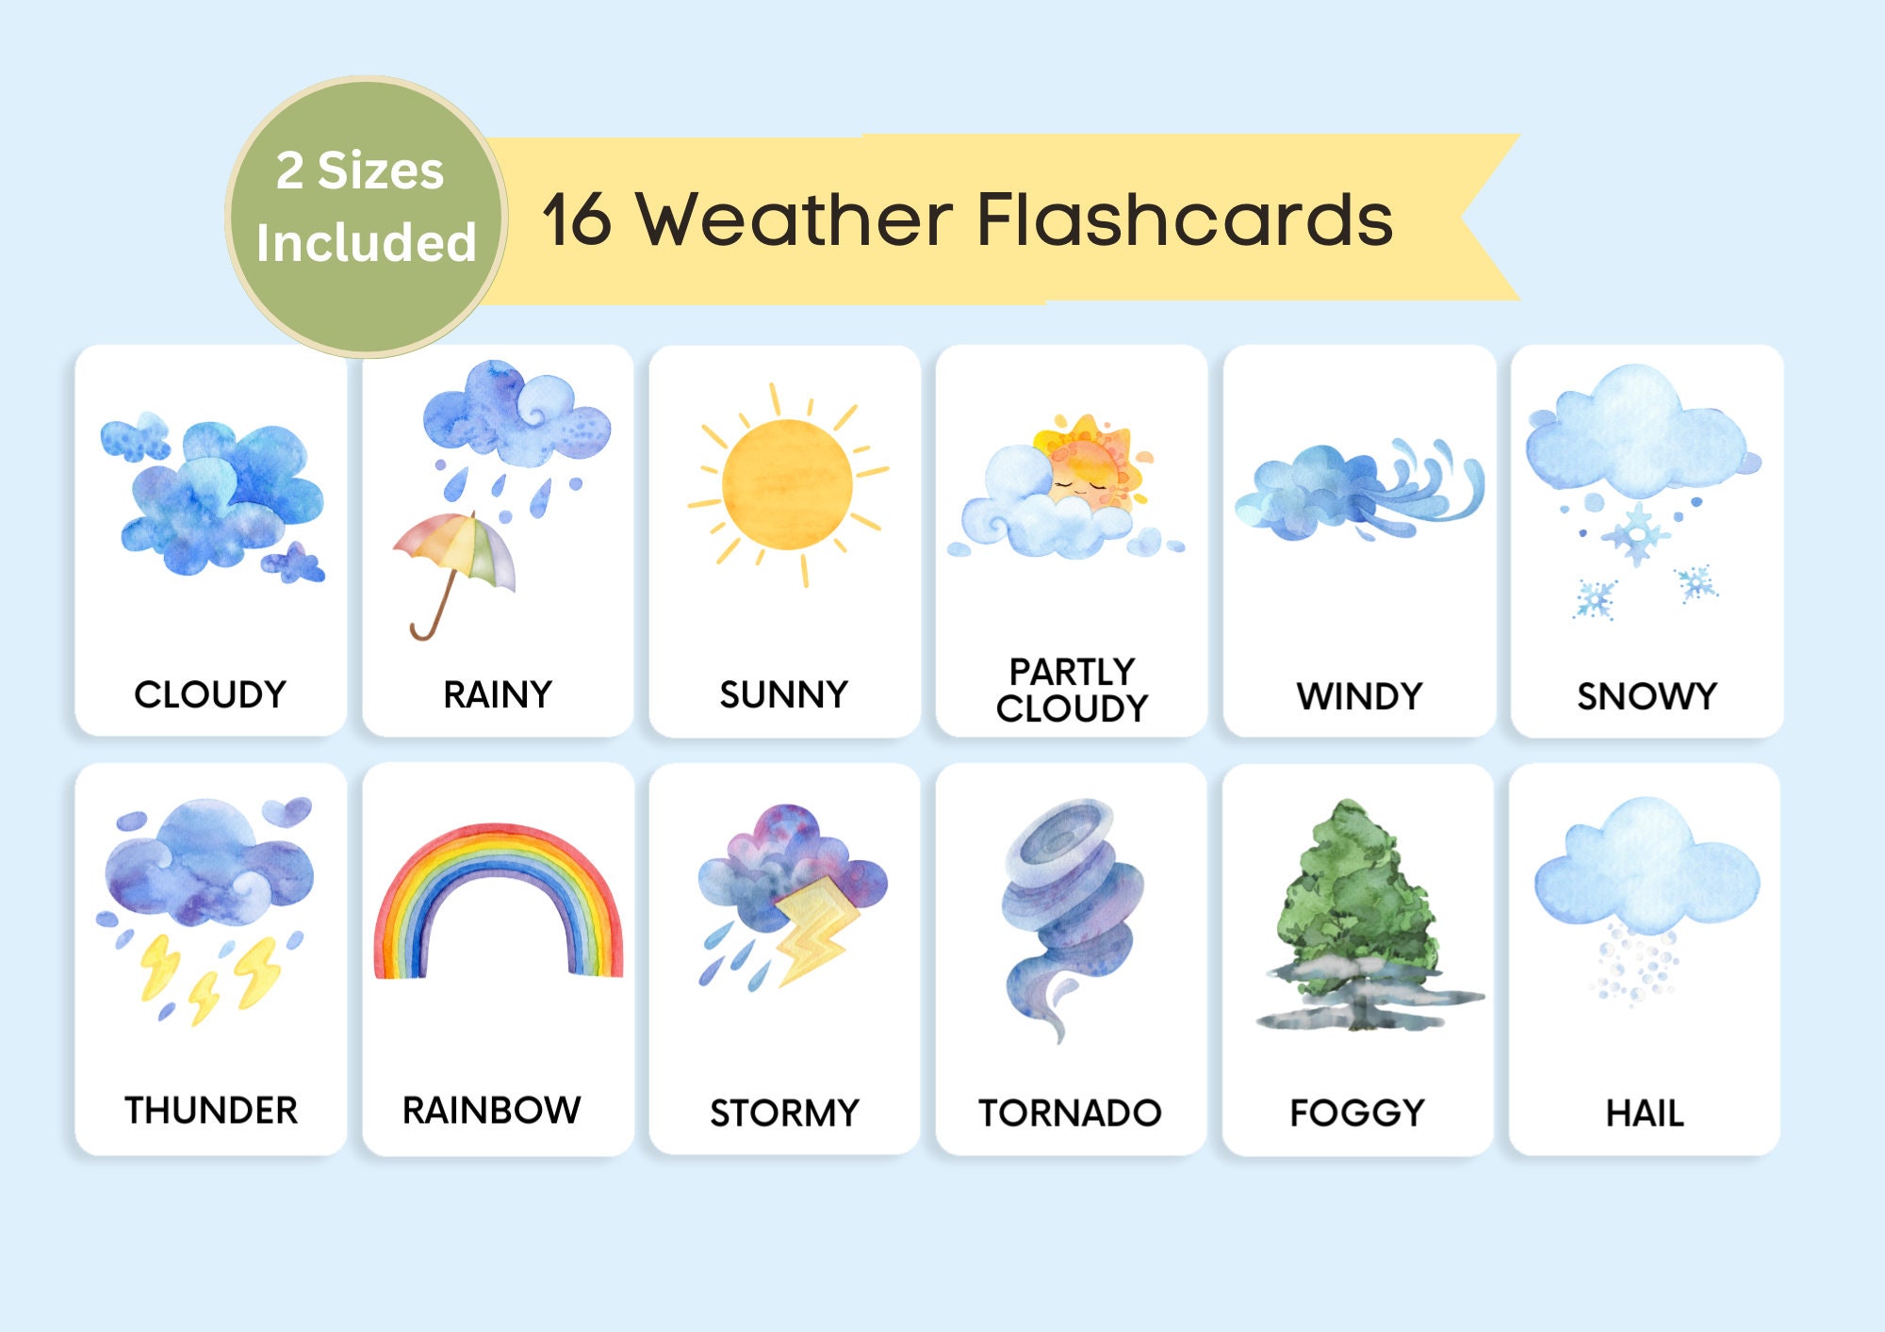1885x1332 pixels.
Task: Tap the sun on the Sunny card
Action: [x=787, y=483]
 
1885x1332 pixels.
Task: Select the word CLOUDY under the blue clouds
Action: [x=210, y=695]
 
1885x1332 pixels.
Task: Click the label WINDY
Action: [x=1359, y=697]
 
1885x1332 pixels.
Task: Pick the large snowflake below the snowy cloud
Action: [x=1638, y=534]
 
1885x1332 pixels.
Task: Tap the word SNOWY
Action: [x=1647, y=697]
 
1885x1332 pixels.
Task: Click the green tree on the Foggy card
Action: [x=1357, y=895]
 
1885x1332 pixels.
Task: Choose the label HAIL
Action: [x=1645, y=1113]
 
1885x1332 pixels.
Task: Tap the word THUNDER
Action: [x=211, y=1111]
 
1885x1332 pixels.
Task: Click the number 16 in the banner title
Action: [x=577, y=220]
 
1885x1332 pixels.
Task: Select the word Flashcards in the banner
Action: [x=1184, y=220]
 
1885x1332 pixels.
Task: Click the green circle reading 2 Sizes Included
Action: [x=367, y=217]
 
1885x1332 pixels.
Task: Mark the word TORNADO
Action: [x=1070, y=1113]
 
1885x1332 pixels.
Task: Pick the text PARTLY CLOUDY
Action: [x=1073, y=690]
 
